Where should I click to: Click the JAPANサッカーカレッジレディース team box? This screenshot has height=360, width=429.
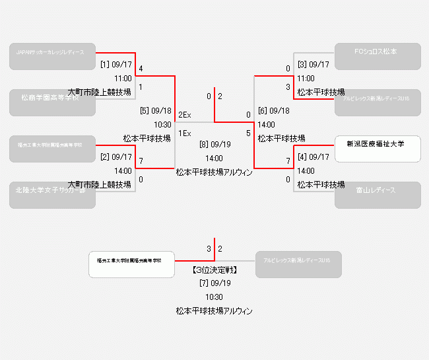click(53, 56)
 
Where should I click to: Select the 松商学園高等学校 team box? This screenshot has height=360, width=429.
click(53, 102)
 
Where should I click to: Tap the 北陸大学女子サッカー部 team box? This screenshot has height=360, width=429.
click(53, 195)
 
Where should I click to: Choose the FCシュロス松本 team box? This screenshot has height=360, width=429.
click(378, 56)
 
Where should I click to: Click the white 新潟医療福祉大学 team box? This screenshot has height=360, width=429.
click(378, 149)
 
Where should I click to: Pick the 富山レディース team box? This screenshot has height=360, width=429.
click(378, 195)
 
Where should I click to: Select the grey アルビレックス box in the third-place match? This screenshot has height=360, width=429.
click(299, 264)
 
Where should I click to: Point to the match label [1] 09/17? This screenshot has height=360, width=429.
click(116, 65)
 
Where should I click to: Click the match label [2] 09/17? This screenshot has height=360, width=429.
click(116, 157)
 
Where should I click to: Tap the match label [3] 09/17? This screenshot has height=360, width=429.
click(313, 65)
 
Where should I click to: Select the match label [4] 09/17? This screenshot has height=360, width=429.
click(313, 157)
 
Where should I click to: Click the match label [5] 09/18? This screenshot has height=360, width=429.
click(156, 111)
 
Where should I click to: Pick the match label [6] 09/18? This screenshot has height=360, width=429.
click(273, 111)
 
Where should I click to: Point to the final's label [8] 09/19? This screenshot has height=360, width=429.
click(214, 144)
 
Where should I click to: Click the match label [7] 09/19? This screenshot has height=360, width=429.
click(214, 283)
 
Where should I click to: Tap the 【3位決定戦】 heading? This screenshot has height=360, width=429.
click(214, 270)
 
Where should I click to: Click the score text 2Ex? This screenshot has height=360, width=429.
click(185, 116)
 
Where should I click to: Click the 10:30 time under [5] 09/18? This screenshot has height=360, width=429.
click(162, 124)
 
